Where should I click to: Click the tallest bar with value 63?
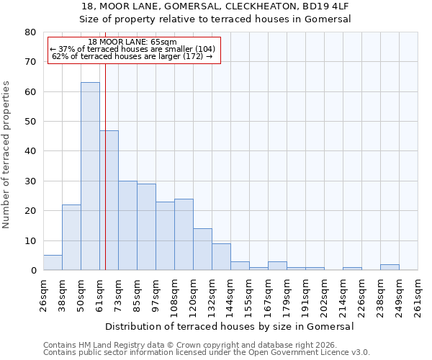click(90, 176)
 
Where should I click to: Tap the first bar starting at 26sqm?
click(53, 263)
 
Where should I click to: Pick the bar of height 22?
click(71, 238)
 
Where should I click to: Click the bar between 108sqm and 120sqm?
click(184, 235)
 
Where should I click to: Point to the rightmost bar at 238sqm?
click(390, 267)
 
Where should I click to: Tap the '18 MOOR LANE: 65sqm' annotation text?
click(132, 42)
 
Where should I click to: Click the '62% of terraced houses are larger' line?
click(132, 56)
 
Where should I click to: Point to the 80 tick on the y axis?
click(30, 32)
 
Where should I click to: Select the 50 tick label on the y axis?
click(30, 122)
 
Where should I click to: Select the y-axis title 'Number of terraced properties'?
click(6, 154)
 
